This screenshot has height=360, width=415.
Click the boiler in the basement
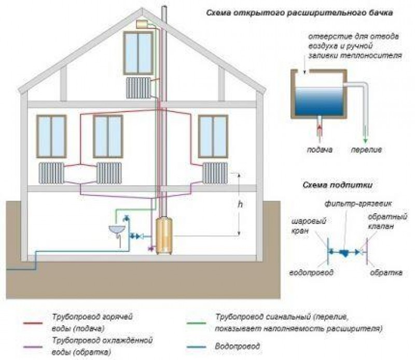tap(164, 236)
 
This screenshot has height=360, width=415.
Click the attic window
tap(138, 52)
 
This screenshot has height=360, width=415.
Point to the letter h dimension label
tap(240, 204)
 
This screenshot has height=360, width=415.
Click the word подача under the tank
tap(319, 150)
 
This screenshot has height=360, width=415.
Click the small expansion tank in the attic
tap(142, 24)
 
